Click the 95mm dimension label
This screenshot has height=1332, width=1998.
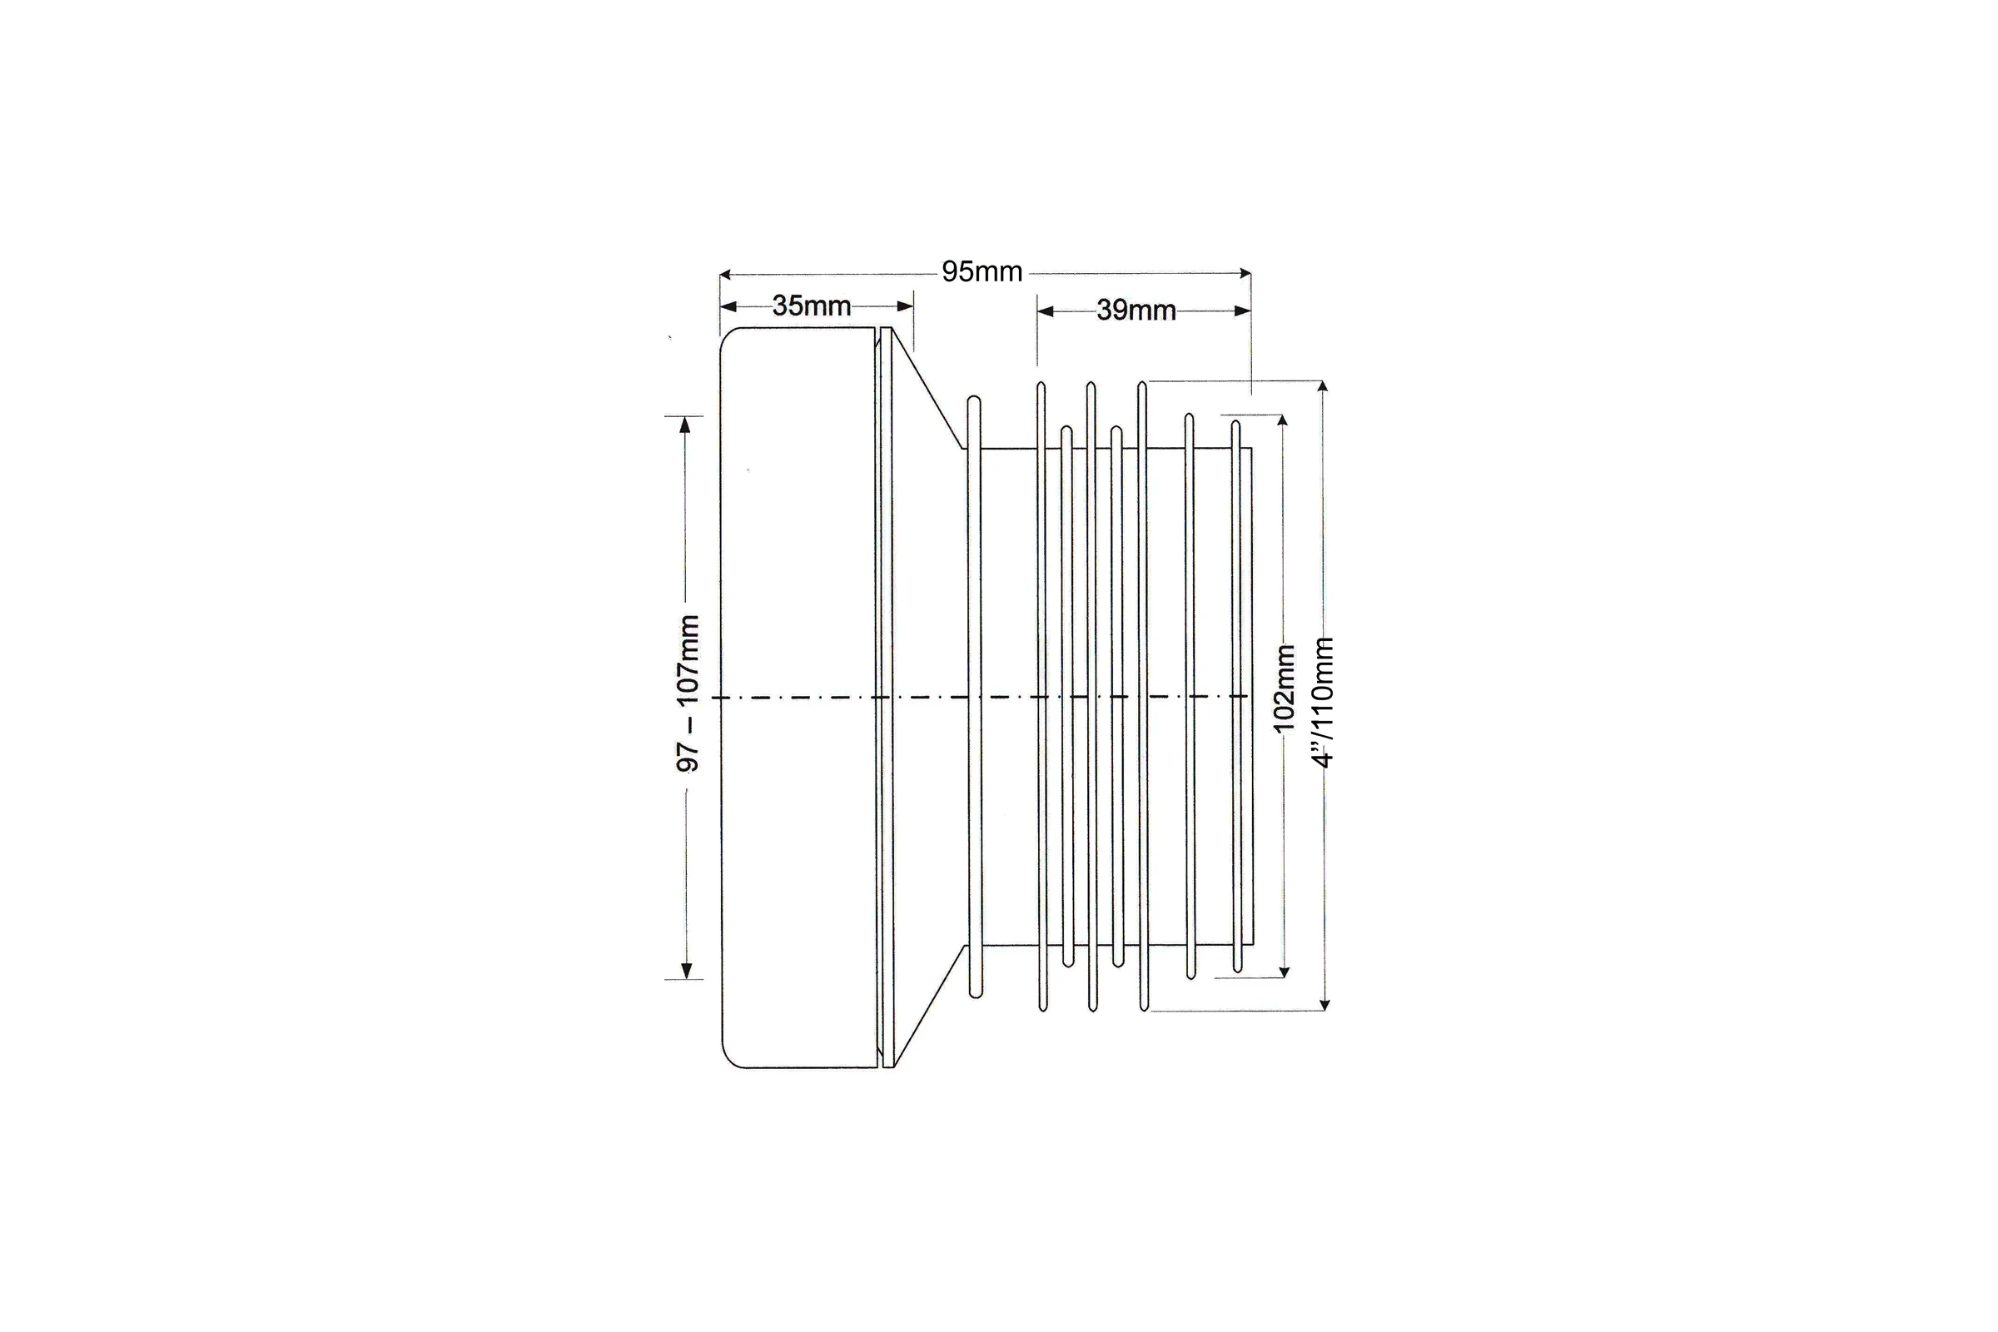982,272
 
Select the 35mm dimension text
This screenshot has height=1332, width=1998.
811,306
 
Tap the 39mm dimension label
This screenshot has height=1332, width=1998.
1136,310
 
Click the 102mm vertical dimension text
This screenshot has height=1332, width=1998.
1284,688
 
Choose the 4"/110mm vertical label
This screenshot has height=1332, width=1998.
1323,703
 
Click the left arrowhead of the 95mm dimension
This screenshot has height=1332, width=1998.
725,275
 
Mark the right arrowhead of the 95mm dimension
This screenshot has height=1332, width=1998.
1245,274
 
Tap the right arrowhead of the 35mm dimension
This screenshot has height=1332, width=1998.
905,306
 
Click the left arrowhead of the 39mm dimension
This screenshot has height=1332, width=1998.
1046,311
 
